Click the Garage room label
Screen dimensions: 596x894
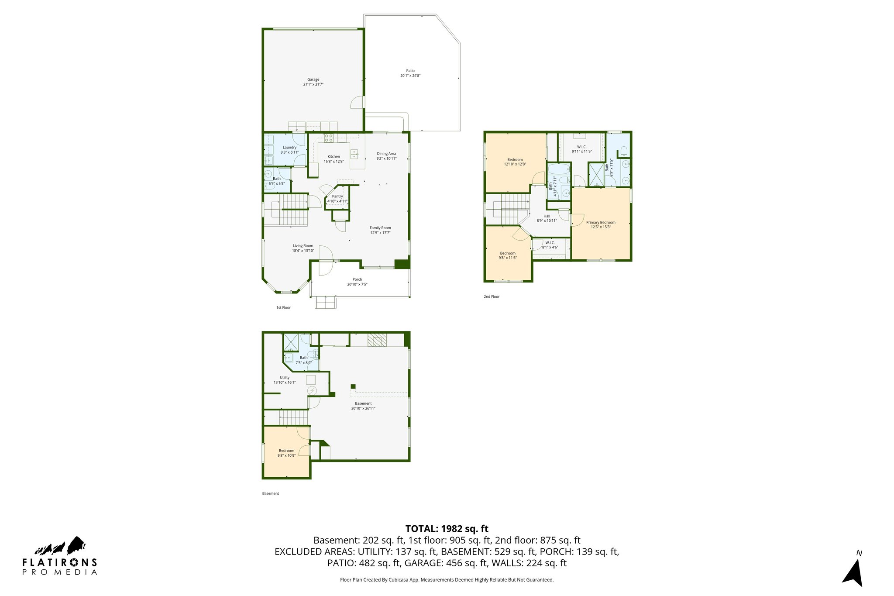click(313, 80)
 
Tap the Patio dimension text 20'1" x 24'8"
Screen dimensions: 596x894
click(410, 76)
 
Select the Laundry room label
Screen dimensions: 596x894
click(289, 148)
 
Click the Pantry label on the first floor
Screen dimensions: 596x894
click(337, 196)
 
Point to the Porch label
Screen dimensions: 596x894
click(357, 279)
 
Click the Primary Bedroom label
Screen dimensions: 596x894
click(601, 223)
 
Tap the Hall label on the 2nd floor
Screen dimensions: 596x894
click(547, 216)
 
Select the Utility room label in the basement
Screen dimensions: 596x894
click(285, 378)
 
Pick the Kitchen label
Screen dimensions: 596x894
click(334, 157)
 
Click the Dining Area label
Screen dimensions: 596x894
click(386, 154)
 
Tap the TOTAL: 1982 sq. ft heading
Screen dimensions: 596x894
click(447, 529)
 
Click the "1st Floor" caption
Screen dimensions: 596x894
click(283, 308)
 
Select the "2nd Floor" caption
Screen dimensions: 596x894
click(491, 297)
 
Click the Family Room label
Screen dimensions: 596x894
click(380, 228)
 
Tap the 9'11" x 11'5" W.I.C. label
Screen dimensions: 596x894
click(581, 149)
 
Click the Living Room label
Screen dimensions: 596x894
click(303, 246)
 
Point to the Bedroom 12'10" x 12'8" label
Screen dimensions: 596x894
click(515, 160)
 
